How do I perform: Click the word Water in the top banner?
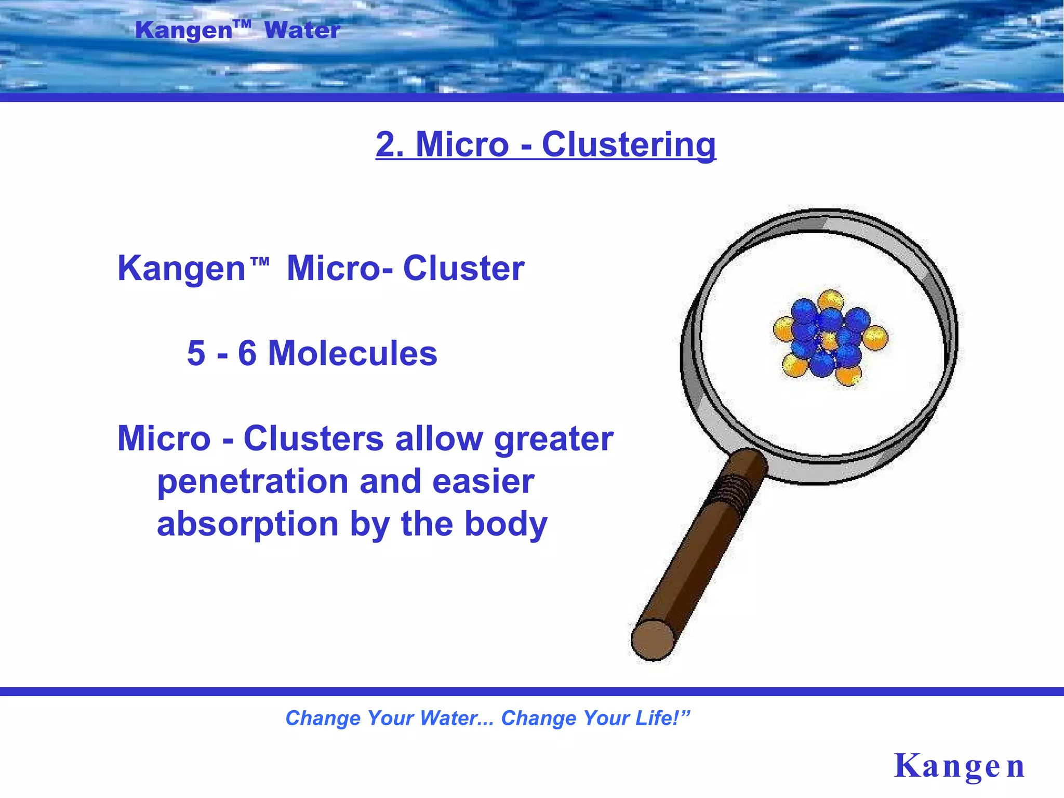302,30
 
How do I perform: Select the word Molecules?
352,353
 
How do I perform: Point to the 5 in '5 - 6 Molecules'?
196,353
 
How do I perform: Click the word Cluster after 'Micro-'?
463,269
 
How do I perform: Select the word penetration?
252,482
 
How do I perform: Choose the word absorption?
248,524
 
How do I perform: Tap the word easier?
483,482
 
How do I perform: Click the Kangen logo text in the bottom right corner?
959,766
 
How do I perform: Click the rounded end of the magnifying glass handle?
653,640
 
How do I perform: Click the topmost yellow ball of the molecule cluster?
830,301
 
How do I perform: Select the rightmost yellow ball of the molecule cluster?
875,338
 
